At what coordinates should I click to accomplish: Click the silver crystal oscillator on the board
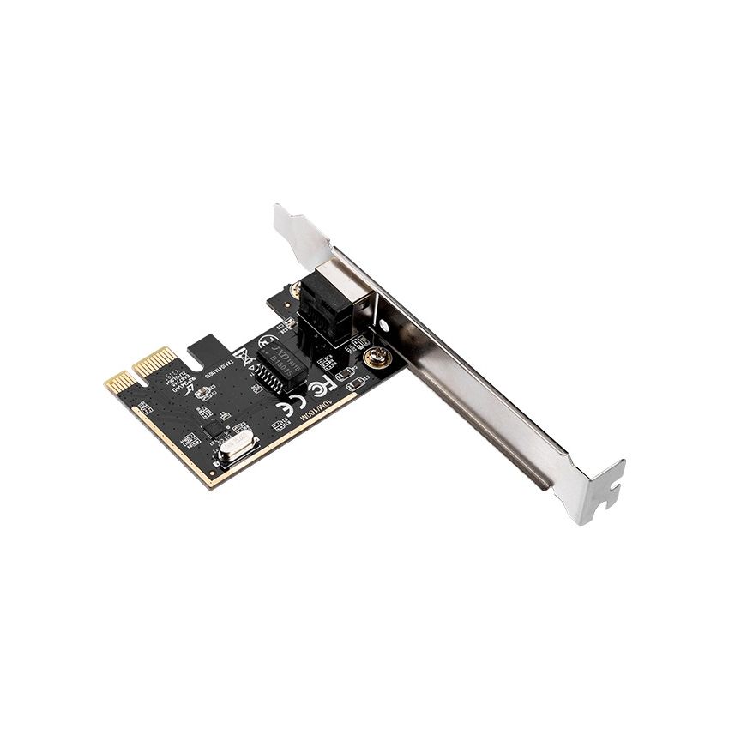[x=236, y=449]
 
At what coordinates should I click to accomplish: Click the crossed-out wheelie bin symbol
[x=243, y=354]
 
